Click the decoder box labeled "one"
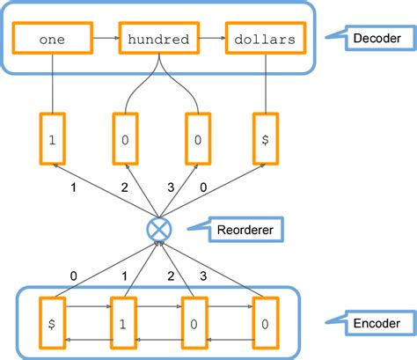tap(53, 39)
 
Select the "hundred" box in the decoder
tap(159, 39)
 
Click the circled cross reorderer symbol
tap(160, 231)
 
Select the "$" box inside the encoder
tap(53, 322)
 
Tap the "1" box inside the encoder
tap(124, 322)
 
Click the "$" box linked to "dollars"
tap(267, 139)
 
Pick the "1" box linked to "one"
tap(53, 139)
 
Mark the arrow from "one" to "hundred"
tap(105, 39)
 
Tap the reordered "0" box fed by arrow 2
tap(124, 139)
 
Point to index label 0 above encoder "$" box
tap(73, 276)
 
